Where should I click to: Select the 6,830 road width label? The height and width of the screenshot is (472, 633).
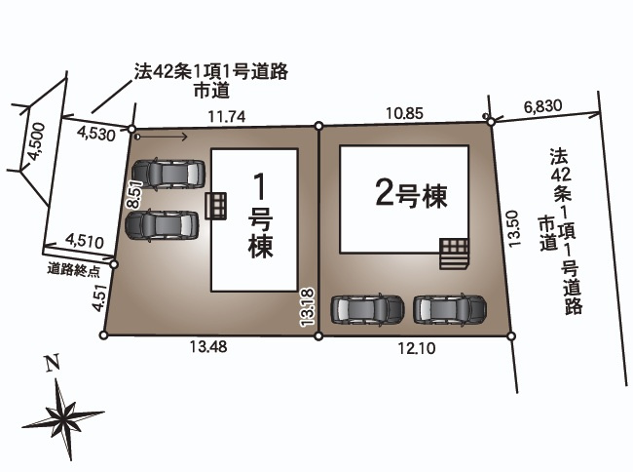[x=542, y=105]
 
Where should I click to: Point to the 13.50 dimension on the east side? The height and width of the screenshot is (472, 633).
[x=517, y=227]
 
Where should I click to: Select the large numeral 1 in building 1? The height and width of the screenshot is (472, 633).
[x=259, y=185]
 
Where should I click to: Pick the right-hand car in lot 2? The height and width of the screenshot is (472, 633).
[x=449, y=309]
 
